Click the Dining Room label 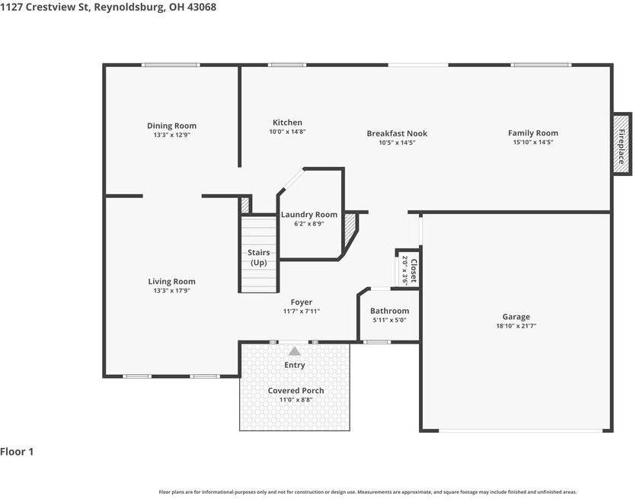pyautogui.click(x=171, y=126)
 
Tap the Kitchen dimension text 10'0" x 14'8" pyautogui.click(x=287, y=132)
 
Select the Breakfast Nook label pyautogui.click(x=397, y=133)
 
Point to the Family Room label pyautogui.click(x=533, y=133)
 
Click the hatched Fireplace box pyautogui.click(x=622, y=144)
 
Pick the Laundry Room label pyautogui.click(x=309, y=215)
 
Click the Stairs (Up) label pyautogui.click(x=258, y=257)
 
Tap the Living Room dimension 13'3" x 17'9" pyautogui.click(x=171, y=291)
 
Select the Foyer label pyautogui.click(x=301, y=302)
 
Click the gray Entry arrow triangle pyautogui.click(x=295, y=351)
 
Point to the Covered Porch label pyautogui.click(x=296, y=390)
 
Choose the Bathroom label pyautogui.click(x=389, y=311)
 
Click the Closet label pyautogui.click(x=414, y=270)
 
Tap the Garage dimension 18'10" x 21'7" pyautogui.click(x=516, y=326)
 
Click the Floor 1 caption pyautogui.click(x=17, y=452)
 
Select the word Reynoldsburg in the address pyautogui.click(x=129, y=8)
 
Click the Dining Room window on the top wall pyautogui.click(x=171, y=65)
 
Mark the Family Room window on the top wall pyautogui.click(x=541, y=65)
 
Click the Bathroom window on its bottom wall pyautogui.click(x=377, y=342)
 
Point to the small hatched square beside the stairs pyautogui.click(x=245, y=205)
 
